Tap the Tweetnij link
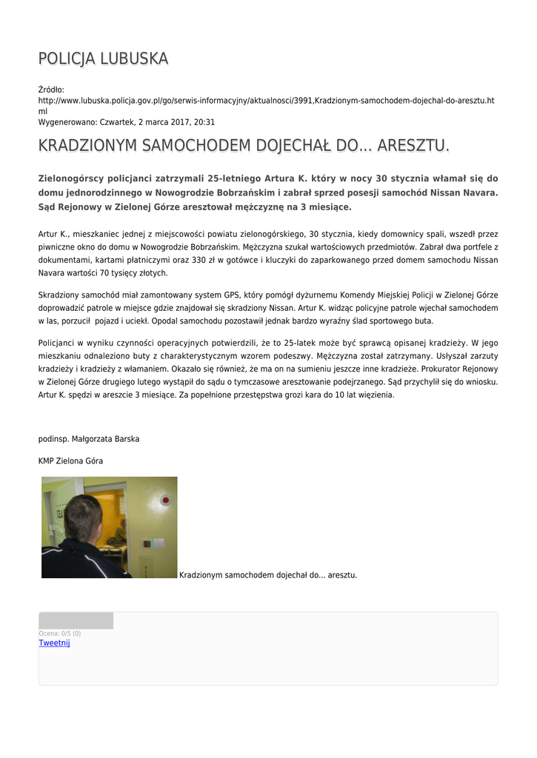54,643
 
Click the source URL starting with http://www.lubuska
266,100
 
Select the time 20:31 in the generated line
204,121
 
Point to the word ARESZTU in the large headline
412,146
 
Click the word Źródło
51,90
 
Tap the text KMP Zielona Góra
70,461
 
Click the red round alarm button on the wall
165,500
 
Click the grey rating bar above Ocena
76,620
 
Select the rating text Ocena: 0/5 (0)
60,634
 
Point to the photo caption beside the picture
268,574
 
